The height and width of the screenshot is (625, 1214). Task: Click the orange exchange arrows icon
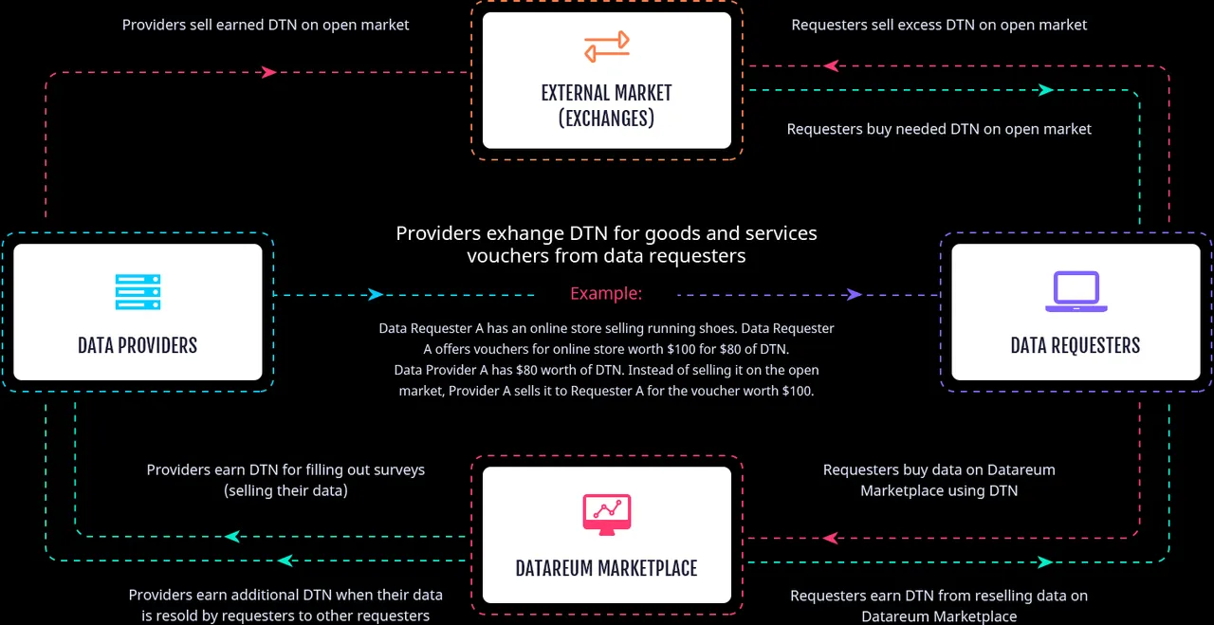606,46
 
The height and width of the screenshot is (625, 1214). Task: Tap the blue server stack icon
138,291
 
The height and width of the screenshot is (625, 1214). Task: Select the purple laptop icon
1076,291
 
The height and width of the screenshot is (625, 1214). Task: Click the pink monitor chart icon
606,514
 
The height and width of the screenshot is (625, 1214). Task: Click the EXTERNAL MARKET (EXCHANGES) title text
606,105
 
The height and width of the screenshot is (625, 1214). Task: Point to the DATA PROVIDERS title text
138,345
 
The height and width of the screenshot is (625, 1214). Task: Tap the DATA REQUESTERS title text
1076,345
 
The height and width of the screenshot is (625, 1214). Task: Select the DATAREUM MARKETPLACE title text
606,568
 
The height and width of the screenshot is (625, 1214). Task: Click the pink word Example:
606,293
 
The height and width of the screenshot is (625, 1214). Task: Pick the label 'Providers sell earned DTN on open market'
266,25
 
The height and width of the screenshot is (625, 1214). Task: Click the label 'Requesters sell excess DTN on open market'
939,25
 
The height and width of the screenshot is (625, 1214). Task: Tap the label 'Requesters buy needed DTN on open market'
939,129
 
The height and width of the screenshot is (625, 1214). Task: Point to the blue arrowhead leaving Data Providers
376,295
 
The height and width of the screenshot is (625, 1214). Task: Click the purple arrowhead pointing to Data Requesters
855,295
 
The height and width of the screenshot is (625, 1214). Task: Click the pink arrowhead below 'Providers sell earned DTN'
268,72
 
